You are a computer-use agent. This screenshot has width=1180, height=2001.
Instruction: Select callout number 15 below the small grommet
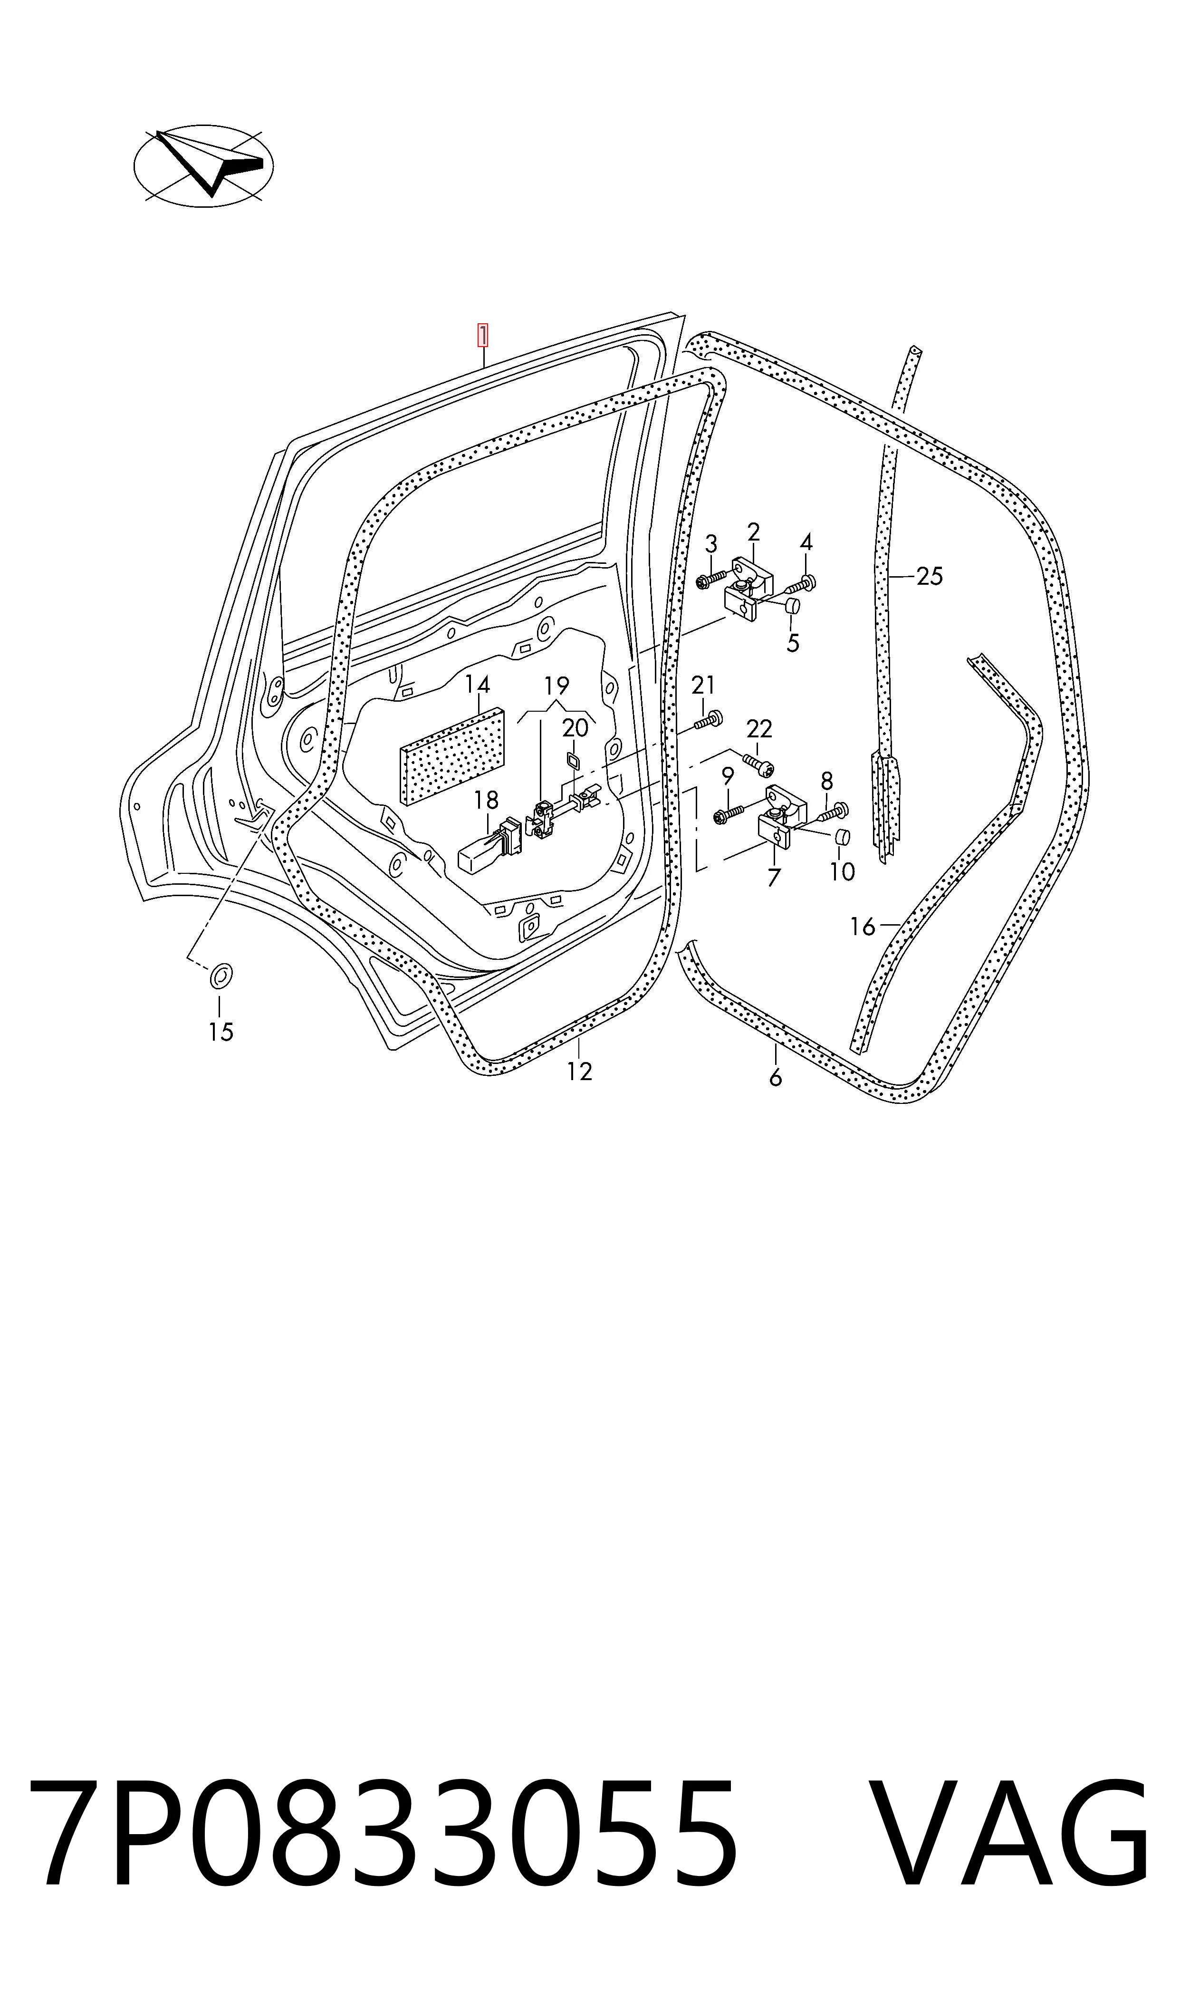click(221, 1032)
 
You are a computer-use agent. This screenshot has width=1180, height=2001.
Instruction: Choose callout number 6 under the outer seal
click(775, 1078)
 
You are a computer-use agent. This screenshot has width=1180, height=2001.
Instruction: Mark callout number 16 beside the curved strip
click(862, 927)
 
